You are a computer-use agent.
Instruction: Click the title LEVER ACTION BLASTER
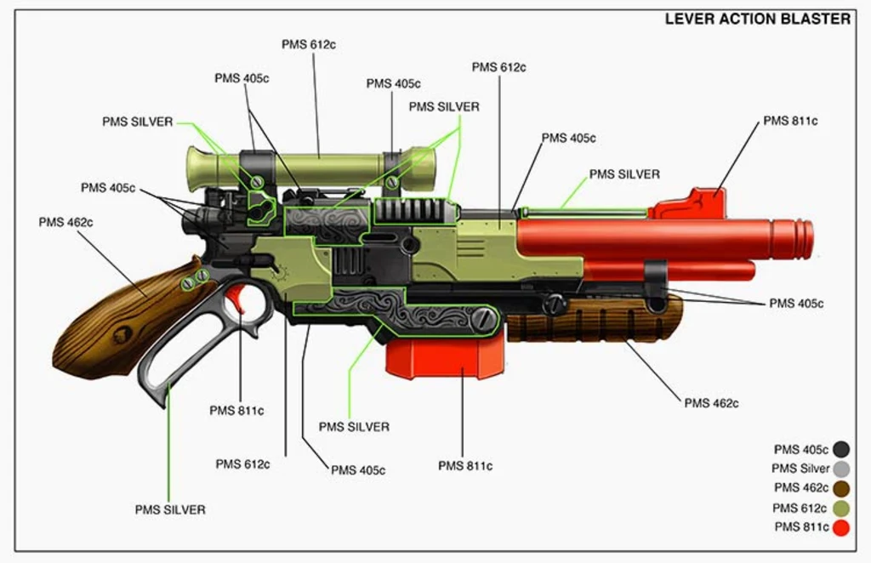pos(757,19)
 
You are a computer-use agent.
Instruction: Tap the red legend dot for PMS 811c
pos(841,527)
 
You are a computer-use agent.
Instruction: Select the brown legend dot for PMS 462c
pos(841,488)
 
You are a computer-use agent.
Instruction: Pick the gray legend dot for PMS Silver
pos(841,469)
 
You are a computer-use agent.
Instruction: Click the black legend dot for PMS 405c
pos(841,449)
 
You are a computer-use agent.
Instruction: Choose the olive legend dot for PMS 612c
pos(841,508)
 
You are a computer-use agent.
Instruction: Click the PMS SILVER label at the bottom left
pos(170,509)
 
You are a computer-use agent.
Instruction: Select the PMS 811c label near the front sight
pos(790,121)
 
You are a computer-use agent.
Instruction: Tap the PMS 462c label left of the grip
pos(65,222)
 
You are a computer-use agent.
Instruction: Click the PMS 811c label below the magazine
pos(465,465)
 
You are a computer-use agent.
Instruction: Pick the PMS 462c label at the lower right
pos(711,402)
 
